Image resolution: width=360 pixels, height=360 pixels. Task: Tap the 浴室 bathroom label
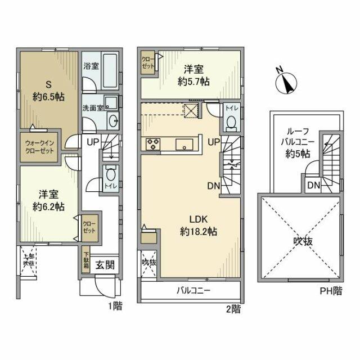(x=90, y=66)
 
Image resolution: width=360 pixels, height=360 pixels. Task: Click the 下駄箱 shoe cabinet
(x=85, y=259)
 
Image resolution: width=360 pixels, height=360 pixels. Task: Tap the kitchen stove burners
(x=153, y=144)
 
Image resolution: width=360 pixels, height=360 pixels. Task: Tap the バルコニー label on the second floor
(x=193, y=291)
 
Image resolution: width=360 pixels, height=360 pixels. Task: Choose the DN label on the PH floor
(x=313, y=184)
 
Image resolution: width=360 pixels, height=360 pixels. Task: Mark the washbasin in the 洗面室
(x=111, y=120)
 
